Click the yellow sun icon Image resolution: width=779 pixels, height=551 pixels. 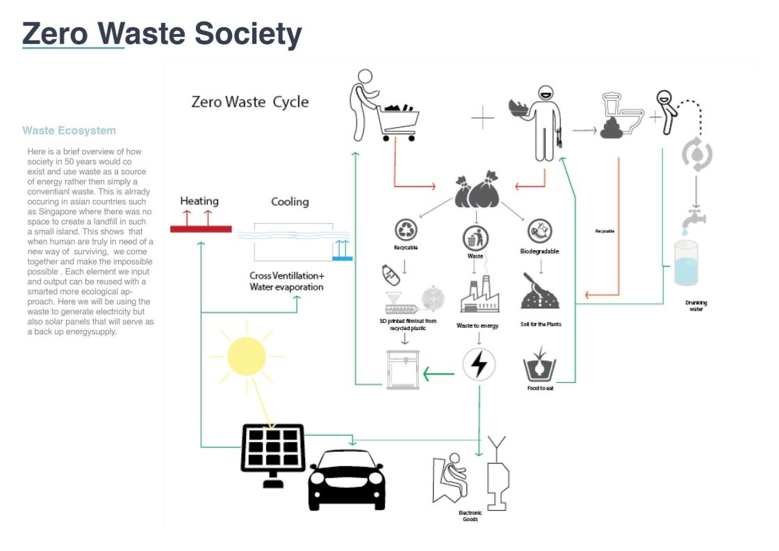click(246, 356)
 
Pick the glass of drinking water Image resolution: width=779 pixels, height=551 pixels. click(687, 263)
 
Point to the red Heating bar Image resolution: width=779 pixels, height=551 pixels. click(202, 229)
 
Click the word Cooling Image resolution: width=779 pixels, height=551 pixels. click(290, 202)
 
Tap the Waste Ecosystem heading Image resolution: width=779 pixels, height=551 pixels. click(69, 131)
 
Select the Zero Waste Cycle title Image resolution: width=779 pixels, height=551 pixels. click(250, 102)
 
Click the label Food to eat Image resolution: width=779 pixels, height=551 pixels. click(540, 388)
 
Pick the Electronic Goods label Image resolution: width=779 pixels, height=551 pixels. click(470, 516)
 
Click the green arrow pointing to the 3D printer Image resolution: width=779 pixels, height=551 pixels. click(438, 375)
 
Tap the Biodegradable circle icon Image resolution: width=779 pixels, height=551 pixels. click(539, 231)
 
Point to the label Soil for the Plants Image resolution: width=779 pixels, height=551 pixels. click(540, 324)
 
